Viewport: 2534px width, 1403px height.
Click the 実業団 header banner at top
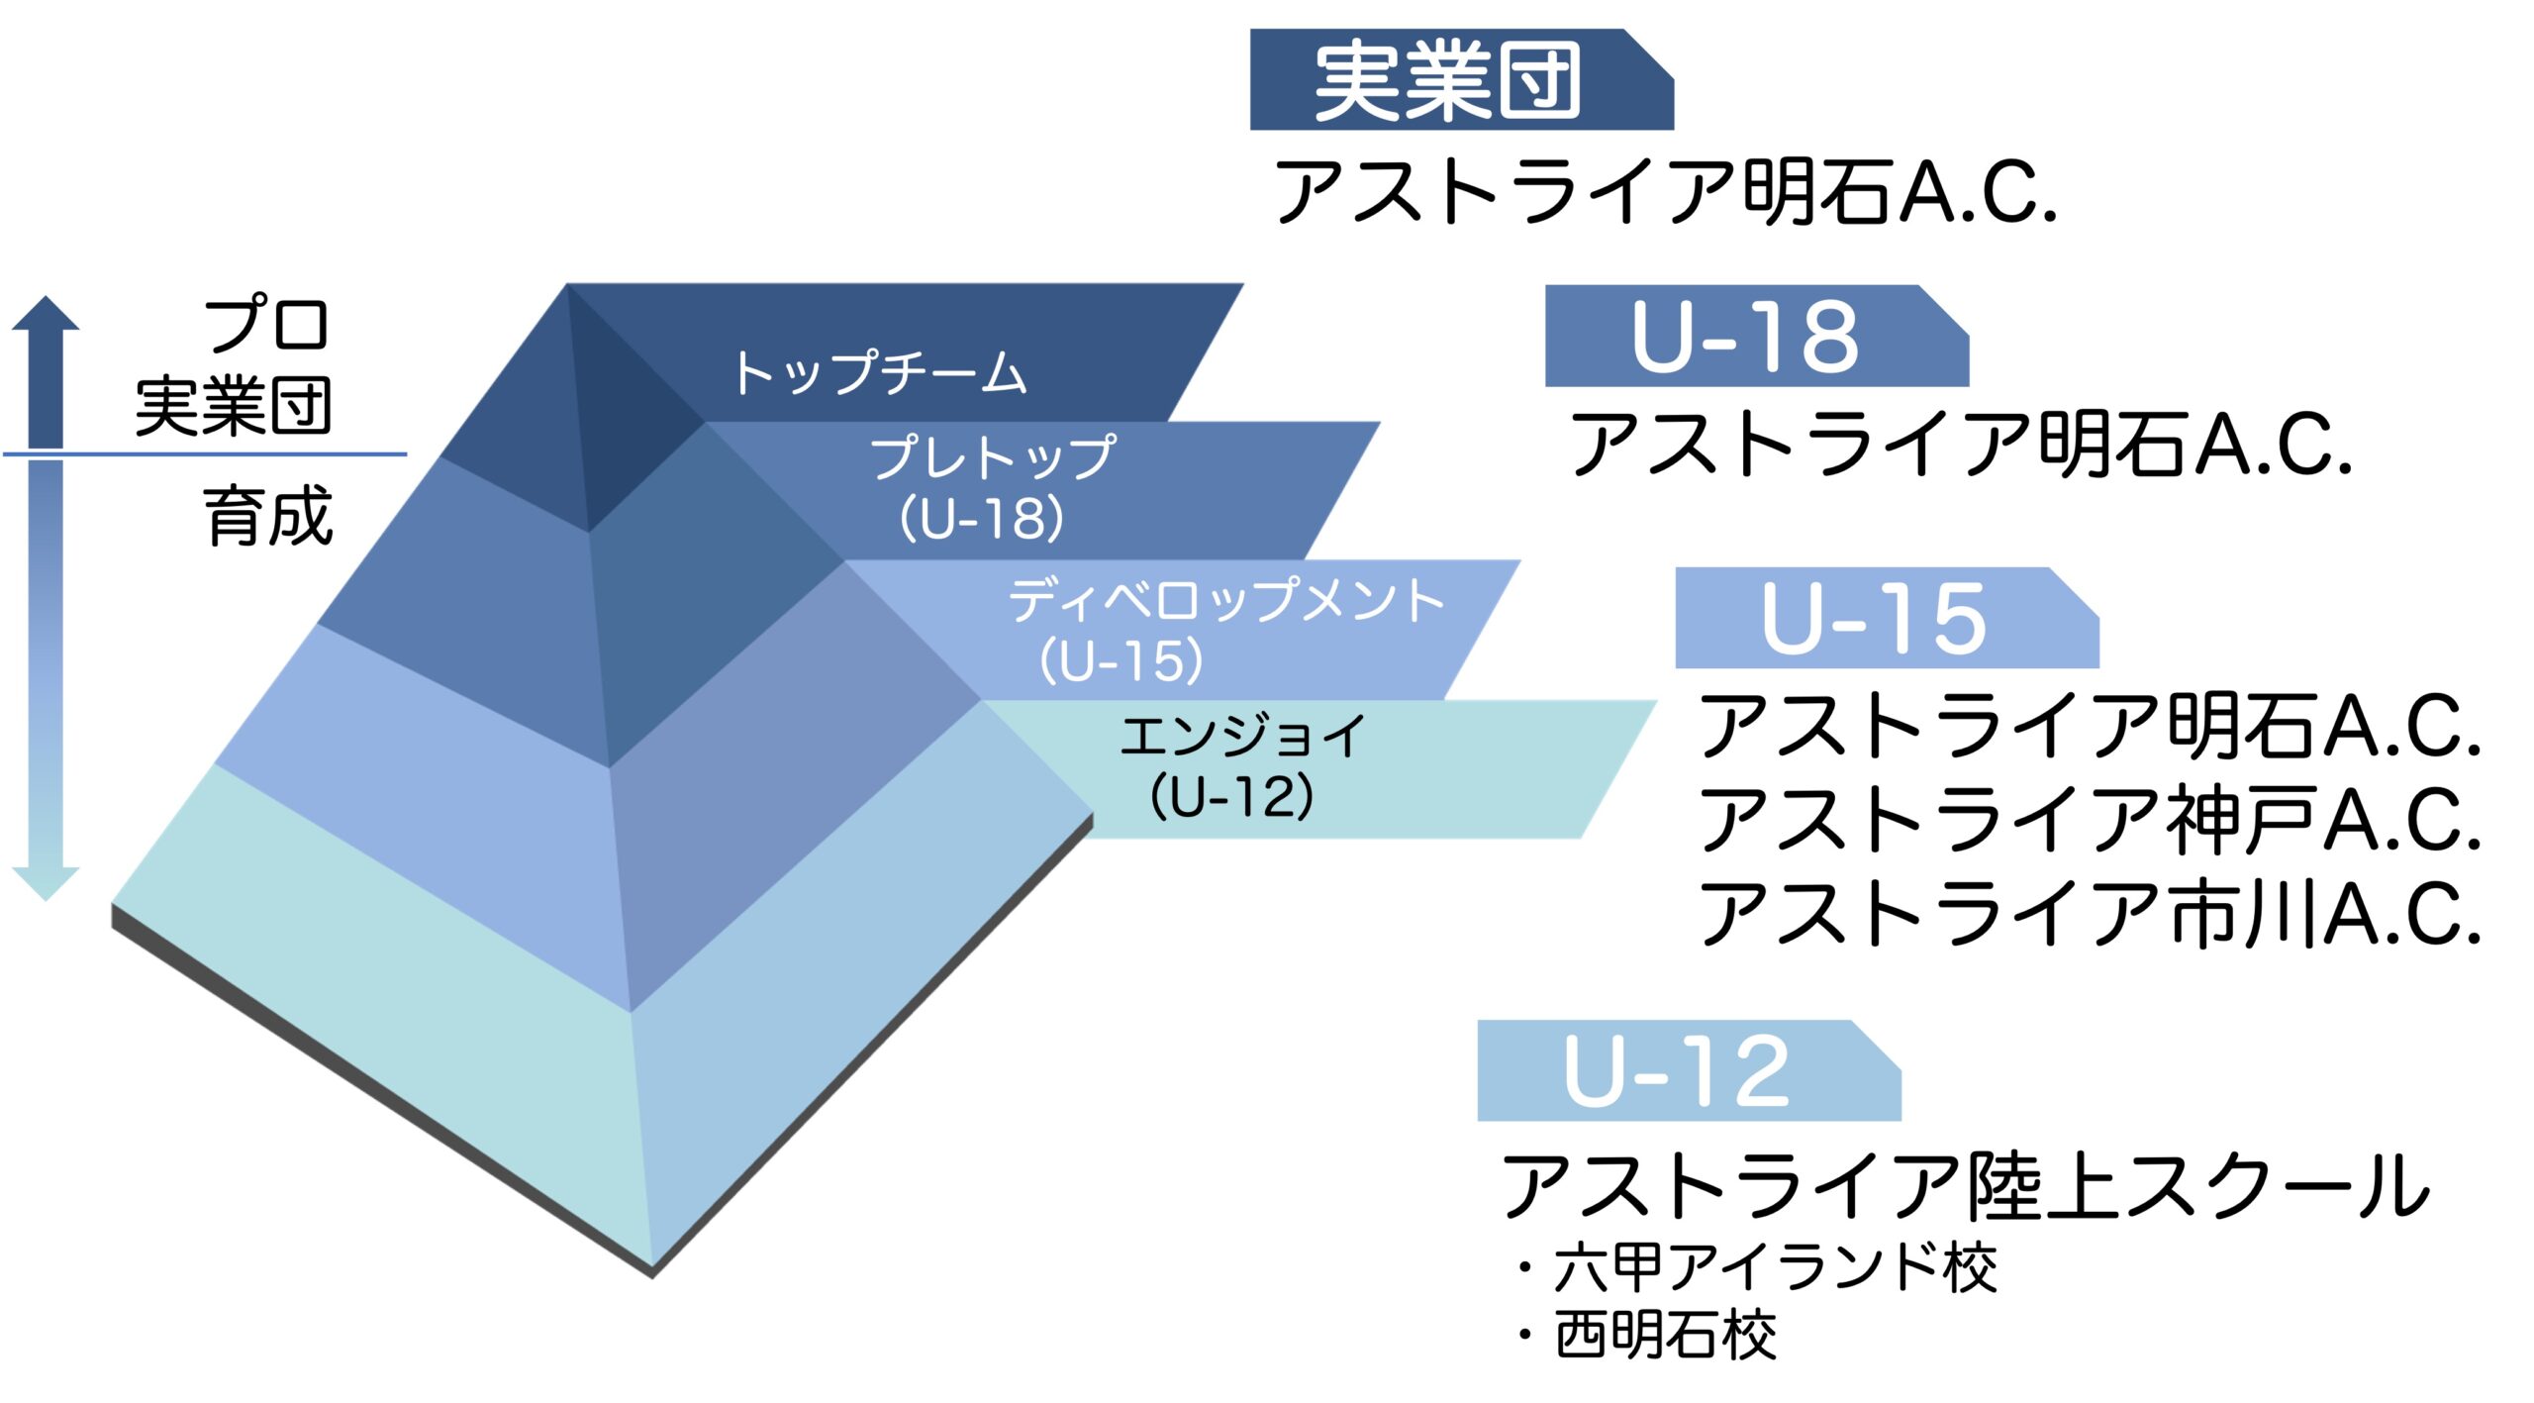pyautogui.click(x=1461, y=79)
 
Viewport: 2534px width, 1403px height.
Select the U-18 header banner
pyautogui.click(x=1757, y=336)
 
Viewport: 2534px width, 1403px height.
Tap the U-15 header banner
pyautogui.click(x=1887, y=618)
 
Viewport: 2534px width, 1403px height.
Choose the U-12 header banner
pyautogui.click(x=1689, y=1070)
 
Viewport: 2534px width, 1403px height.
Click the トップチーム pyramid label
pyautogui.click(x=880, y=372)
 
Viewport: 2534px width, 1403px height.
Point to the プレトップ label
pyautogui.click(x=993, y=456)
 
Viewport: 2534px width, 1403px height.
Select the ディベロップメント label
pyautogui.click(x=1226, y=600)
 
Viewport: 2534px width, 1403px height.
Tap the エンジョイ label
pyautogui.click(x=1243, y=736)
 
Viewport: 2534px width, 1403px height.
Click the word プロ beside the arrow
pyautogui.click(x=265, y=324)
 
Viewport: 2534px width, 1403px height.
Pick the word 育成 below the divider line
pyautogui.click(x=268, y=516)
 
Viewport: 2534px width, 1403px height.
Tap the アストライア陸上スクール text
pyautogui.click(x=1966, y=1185)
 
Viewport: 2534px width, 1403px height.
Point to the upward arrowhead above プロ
pyautogui.click(x=46, y=313)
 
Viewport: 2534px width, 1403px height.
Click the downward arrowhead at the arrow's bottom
pyautogui.click(x=46, y=884)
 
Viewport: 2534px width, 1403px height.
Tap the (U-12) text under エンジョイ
pyautogui.click(x=1232, y=797)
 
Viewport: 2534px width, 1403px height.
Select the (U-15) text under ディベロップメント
pyautogui.click(x=1121, y=660)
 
